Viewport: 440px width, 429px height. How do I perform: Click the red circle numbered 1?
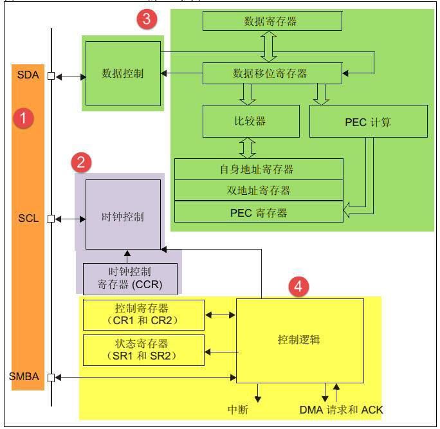point(23,118)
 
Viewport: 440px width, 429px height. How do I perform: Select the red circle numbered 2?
point(80,162)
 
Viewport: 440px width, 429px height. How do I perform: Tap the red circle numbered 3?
point(146,19)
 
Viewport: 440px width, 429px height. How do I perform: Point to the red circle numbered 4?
point(297,287)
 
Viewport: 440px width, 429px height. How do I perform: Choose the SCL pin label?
point(29,218)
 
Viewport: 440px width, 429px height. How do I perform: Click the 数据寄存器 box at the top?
point(271,21)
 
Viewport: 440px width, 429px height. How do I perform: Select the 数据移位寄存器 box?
point(271,74)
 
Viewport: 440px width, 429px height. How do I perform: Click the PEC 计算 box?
point(368,122)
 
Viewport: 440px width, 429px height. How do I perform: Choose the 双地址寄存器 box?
point(259,190)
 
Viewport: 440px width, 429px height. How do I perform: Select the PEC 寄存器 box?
point(259,212)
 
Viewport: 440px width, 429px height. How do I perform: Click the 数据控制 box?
point(123,73)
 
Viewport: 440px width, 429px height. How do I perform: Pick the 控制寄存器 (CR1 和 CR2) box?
point(143,315)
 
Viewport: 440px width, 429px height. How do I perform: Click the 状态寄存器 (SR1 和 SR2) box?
point(143,350)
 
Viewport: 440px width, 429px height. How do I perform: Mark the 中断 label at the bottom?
point(238,410)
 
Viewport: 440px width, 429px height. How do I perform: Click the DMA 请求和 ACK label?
point(341,410)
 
